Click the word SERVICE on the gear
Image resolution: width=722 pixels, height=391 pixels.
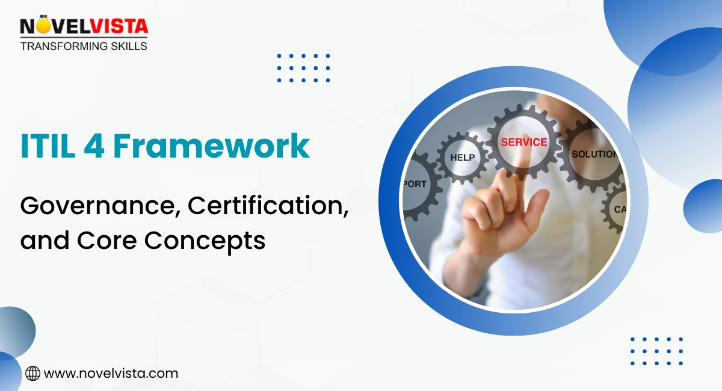coord(523,143)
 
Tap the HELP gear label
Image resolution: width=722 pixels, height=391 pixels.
coord(462,158)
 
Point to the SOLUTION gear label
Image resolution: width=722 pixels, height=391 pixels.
coord(594,154)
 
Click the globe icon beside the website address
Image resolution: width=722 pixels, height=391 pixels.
coord(32,374)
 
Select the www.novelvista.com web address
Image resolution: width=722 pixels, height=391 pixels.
coord(111,374)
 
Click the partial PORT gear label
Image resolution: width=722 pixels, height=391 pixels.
coord(415,184)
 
